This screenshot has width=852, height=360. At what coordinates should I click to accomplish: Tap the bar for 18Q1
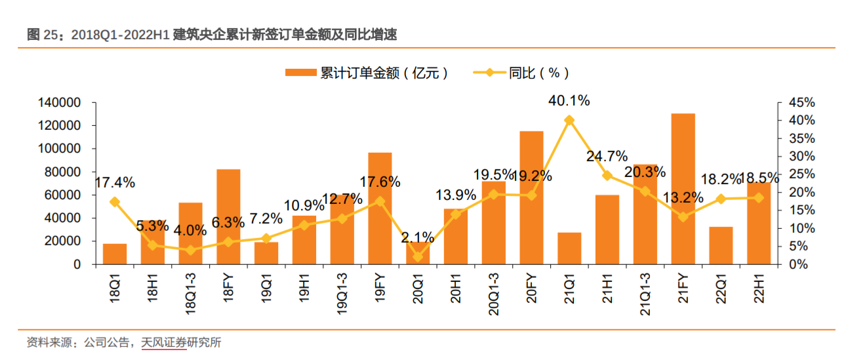[115, 254]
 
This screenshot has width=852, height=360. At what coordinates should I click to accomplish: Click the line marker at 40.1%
[569, 120]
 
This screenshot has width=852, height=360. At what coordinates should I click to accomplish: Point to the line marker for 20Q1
[418, 256]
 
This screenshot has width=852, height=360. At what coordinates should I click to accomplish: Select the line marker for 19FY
[380, 201]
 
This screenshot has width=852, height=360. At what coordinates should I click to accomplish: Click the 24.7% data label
[607, 156]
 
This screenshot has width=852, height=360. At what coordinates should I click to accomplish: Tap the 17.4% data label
[115, 182]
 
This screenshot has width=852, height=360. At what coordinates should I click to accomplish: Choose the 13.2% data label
[683, 197]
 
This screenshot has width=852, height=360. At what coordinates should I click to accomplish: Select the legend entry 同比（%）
[521, 73]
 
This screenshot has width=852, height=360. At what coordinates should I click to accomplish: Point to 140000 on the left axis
[60, 103]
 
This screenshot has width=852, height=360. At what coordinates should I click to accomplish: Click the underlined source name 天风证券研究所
[181, 342]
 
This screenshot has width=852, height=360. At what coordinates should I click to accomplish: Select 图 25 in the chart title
[42, 35]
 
